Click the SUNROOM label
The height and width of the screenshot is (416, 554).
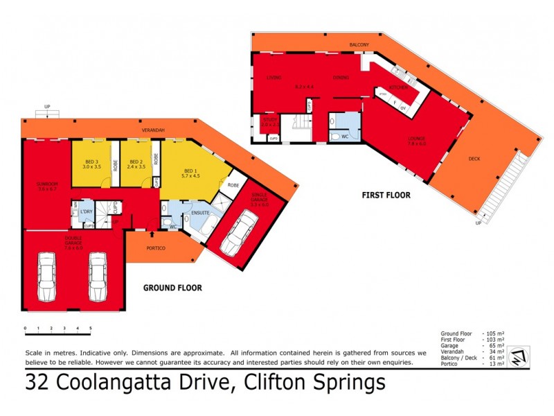[x=46, y=184]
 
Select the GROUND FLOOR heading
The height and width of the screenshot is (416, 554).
[x=172, y=287]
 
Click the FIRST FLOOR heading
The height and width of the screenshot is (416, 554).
[x=386, y=196]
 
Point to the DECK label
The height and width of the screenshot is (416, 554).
[x=474, y=159]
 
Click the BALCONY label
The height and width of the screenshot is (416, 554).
[x=359, y=45]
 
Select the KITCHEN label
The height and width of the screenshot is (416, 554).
[x=397, y=87]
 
